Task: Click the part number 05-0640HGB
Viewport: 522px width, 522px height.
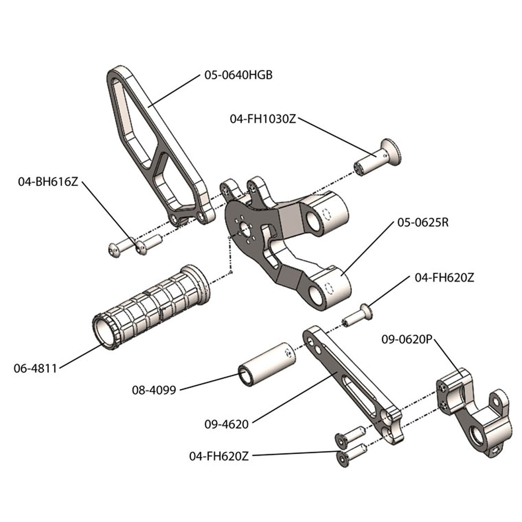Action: pyautogui.click(x=238, y=75)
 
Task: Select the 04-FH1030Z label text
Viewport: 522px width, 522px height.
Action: pyautogui.click(x=263, y=118)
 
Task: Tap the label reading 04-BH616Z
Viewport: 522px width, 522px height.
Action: pyautogui.click(x=48, y=181)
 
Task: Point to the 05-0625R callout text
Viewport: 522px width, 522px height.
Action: pyautogui.click(x=423, y=222)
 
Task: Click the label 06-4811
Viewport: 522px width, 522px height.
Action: pyautogui.click(x=35, y=368)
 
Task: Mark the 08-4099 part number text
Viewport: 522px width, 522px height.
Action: pyautogui.click(x=154, y=390)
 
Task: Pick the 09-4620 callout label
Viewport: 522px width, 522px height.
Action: pyautogui.click(x=227, y=424)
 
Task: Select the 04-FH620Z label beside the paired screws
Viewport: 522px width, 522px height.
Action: pyautogui.click(x=219, y=456)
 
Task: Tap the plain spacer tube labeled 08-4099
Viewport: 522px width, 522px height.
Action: pyautogui.click(x=267, y=361)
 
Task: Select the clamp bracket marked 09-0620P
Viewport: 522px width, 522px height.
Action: pyautogui.click(x=473, y=412)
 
